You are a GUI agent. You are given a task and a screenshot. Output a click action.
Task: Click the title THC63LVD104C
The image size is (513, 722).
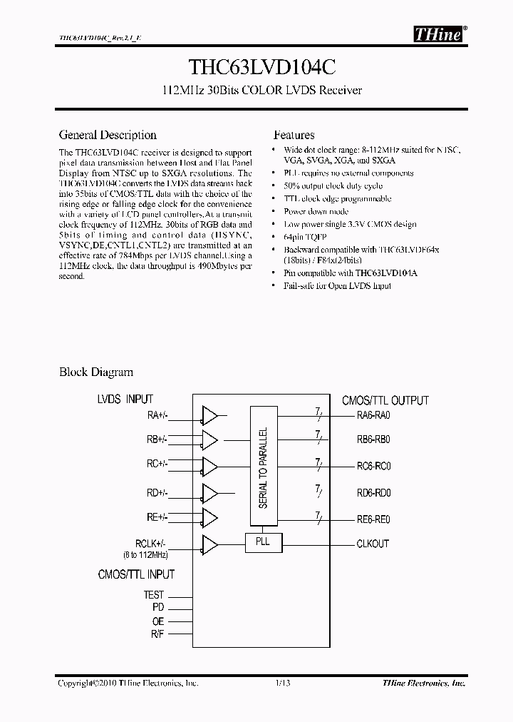coord(256,67)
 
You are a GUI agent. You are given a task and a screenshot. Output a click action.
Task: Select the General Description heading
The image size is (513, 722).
coord(108,135)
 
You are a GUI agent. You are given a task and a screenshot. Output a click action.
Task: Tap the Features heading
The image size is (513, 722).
coord(294,135)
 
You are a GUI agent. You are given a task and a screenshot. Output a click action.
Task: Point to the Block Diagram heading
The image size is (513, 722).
coord(95,372)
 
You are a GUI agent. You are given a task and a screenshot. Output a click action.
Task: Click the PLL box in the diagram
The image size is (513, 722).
coord(264,543)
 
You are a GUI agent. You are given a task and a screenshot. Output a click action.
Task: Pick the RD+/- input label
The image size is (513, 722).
coord(157,492)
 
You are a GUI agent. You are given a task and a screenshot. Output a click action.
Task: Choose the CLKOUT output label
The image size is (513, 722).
coord(373,544)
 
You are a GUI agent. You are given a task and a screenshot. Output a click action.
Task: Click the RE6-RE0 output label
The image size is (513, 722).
coord(373,519)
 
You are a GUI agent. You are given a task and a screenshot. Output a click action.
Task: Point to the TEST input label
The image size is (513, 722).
coord(153,594)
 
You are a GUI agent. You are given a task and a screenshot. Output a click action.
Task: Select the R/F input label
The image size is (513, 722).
coord(157,634)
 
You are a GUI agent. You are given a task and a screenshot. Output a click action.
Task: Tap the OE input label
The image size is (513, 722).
coord(157,621)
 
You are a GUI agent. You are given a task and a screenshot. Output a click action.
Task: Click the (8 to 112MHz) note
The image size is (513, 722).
coord(144,554)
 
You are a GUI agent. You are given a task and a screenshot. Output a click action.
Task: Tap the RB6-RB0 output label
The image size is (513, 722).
coord(373,440)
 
